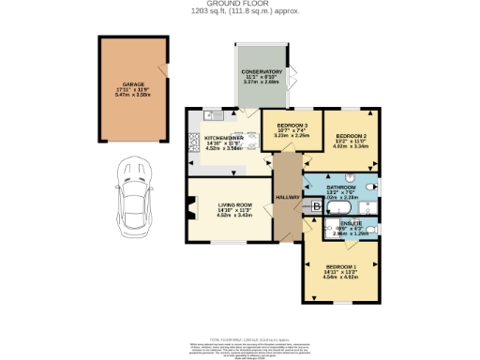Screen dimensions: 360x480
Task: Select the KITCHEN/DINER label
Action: click(222, 137)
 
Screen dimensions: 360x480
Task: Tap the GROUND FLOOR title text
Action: click(239, 4)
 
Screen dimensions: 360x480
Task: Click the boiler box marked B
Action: click(316, 205)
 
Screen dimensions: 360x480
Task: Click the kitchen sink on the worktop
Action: click(209, 116)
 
